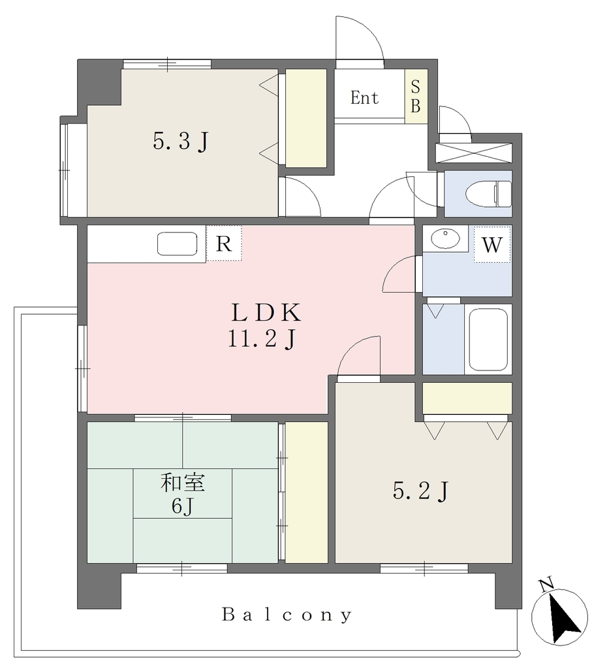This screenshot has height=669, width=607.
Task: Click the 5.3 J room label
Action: [181, 141]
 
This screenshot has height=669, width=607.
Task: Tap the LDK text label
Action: [266, 313]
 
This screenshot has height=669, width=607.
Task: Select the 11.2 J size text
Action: [262, 340]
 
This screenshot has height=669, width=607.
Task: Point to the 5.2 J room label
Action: [420, 491]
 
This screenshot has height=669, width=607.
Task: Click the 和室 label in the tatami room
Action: [183, 483]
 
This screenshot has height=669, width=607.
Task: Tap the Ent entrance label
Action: [364, 98]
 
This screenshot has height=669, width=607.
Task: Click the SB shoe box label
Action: [416, 96]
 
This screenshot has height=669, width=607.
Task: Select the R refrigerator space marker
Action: [224, 244]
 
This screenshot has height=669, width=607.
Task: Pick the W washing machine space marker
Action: [491, 245]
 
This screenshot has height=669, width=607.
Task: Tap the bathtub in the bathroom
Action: [488, 340]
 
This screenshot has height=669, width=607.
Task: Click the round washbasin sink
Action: [445, 238]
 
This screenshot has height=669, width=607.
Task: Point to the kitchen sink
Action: [178, 244]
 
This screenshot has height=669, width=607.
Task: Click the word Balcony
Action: [287, 615]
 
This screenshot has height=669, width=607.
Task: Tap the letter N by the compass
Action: [546, 585]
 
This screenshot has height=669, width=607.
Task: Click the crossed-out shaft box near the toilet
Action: [473, 153]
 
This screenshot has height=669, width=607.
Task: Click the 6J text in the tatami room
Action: [183, 506]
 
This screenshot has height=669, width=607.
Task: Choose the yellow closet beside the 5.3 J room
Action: [305, 118]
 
